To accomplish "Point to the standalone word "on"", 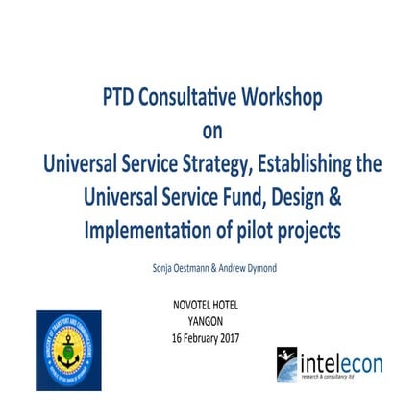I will coord(209,132).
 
